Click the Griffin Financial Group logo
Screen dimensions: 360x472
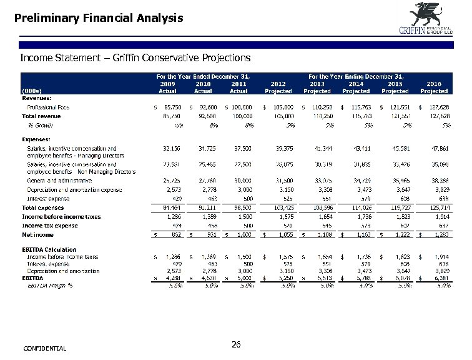[425, 20]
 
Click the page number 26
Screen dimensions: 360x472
[236, 345]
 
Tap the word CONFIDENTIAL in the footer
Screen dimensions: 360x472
[44, 348]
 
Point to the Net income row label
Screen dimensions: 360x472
[37, 234]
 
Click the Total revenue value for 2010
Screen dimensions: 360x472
[204, 116]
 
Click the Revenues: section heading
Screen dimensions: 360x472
[37, 98]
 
